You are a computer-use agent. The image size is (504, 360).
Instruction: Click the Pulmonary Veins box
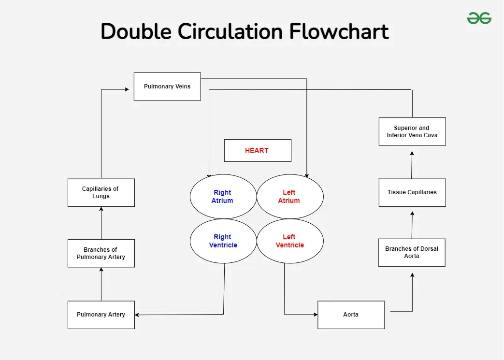click(x=167, y=86)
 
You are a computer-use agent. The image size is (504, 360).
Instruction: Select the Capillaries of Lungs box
click(x=101, y=192)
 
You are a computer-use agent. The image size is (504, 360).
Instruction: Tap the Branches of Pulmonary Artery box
click(x=101, y=253)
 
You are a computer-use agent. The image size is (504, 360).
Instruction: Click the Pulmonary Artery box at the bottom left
click(x=101, y=315)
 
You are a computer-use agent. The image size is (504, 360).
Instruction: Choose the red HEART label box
click(x=258, y=150)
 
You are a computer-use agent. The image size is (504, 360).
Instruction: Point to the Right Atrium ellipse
click(x=222, y=197)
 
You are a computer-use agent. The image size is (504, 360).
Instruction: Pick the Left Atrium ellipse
click(x=289, y=197)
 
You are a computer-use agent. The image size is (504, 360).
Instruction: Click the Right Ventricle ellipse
click(x=222, y=241)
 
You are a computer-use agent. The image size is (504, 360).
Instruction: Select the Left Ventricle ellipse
click(x=289, y=241)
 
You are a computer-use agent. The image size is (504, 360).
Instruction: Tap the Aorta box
click(x=351, y=315)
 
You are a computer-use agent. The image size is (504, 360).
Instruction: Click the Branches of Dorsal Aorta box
click(x=412, y=252)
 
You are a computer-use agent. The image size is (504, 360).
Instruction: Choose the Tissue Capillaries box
click(x=412, y=192)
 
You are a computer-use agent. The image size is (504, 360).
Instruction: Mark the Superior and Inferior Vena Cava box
click(x=412, y=131)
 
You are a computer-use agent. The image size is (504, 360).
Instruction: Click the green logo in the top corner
click(x=479, y=18)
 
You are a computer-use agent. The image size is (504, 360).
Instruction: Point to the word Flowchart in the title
click(x=339, y=32)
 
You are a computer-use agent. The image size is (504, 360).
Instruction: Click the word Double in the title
click(x=136, y=32)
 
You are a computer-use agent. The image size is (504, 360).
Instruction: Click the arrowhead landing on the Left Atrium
click(x=307, y=175)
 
